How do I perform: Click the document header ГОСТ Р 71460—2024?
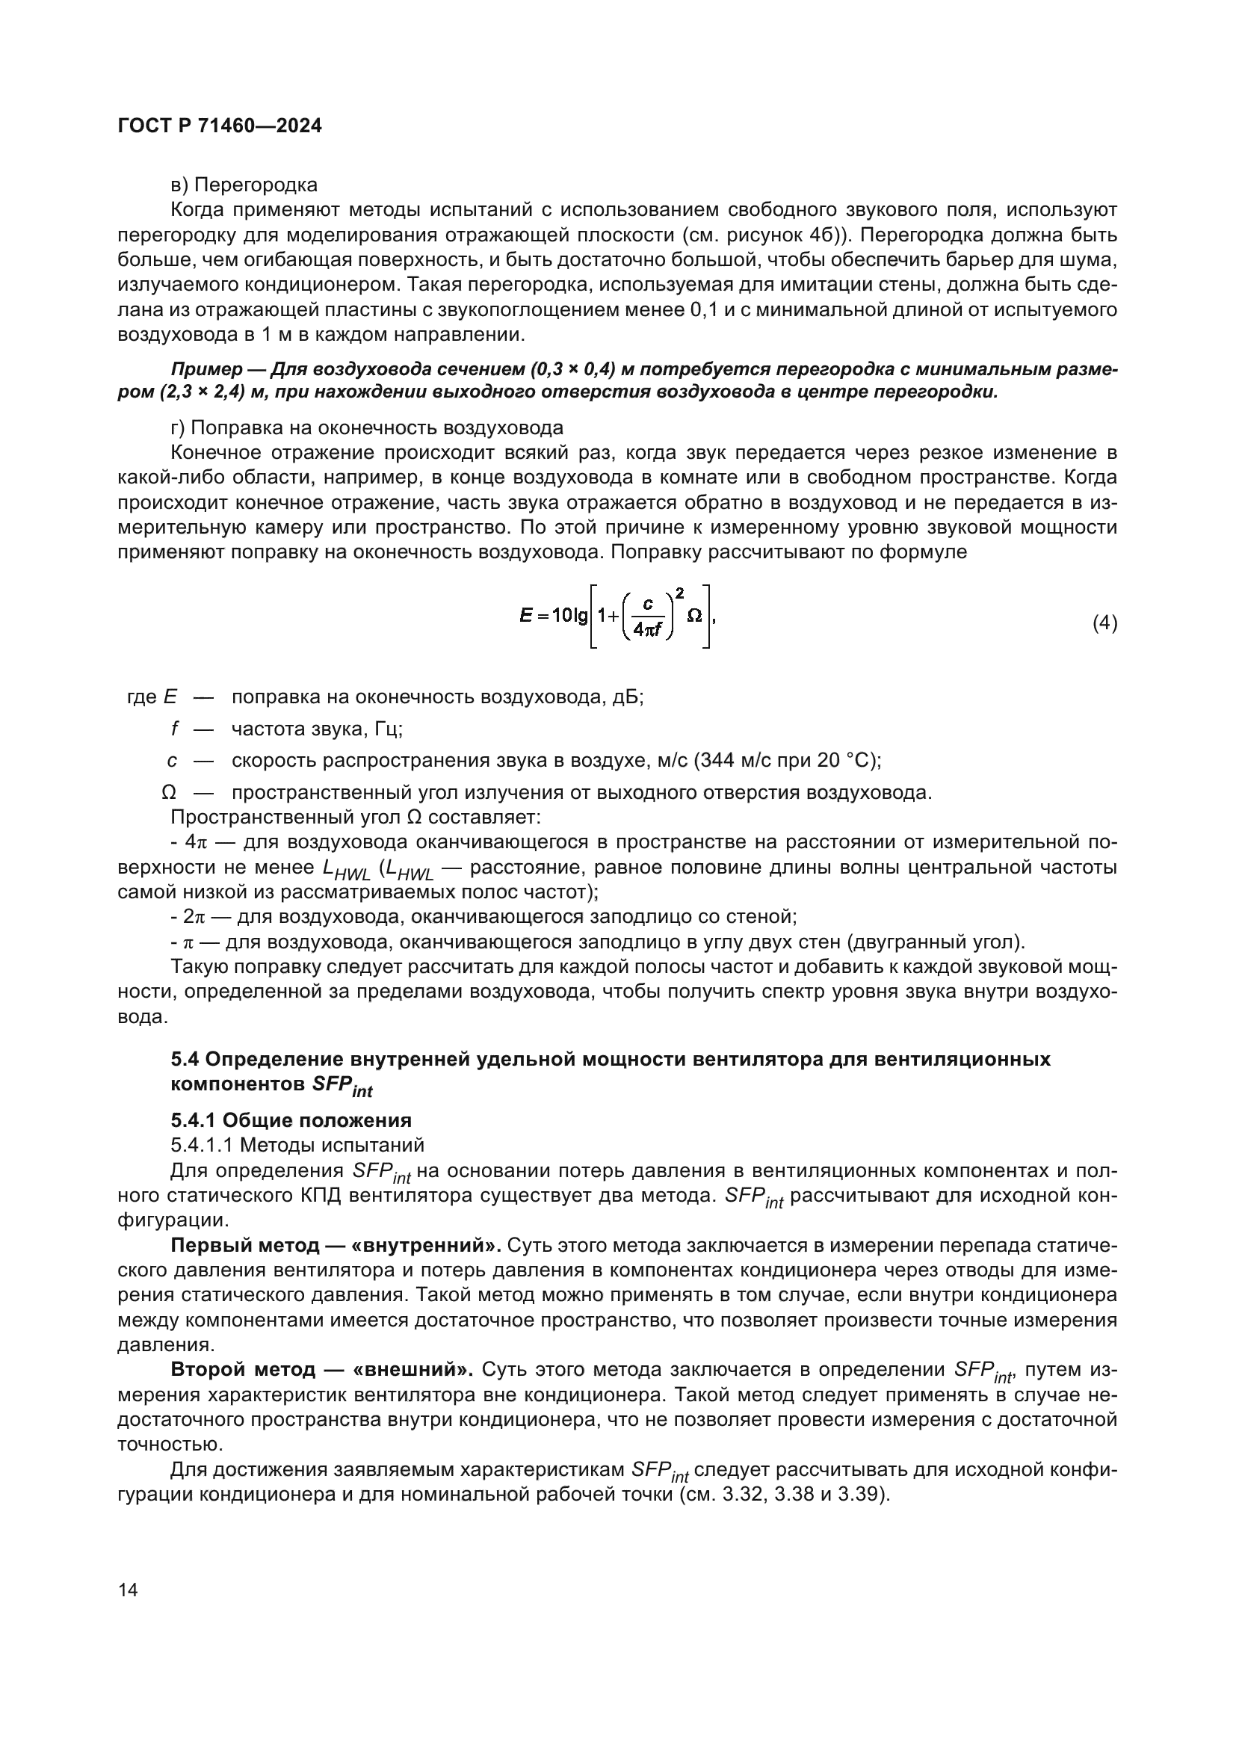(x=220, y=126)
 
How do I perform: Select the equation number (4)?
(x=1104, y=623)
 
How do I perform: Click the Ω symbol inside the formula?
(x=693, y=615)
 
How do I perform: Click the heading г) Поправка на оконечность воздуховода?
(x=367, y=428)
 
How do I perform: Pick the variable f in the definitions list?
(x=174, y=729)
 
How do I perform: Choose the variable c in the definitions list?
(x=173, y=761)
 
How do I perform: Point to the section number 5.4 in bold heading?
(x=185, y=1059)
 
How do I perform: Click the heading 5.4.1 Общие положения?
(x=291, y=1120)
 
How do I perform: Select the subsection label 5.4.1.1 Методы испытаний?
(x=297, y=1145)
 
